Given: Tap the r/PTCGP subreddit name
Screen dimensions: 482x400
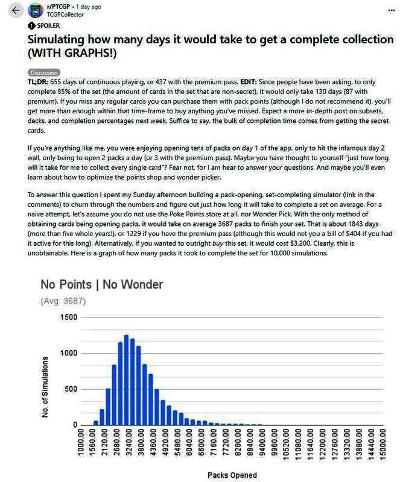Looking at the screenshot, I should point(59,7).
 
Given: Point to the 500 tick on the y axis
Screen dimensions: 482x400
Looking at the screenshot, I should point(69,389).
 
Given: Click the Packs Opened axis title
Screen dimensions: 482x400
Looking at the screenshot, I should point(232,475).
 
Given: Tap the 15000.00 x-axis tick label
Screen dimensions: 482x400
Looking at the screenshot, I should point(383,447).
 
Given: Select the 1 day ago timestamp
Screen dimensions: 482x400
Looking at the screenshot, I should point(88,7).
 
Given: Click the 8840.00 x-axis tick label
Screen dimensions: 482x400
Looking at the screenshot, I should point(249,447).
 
